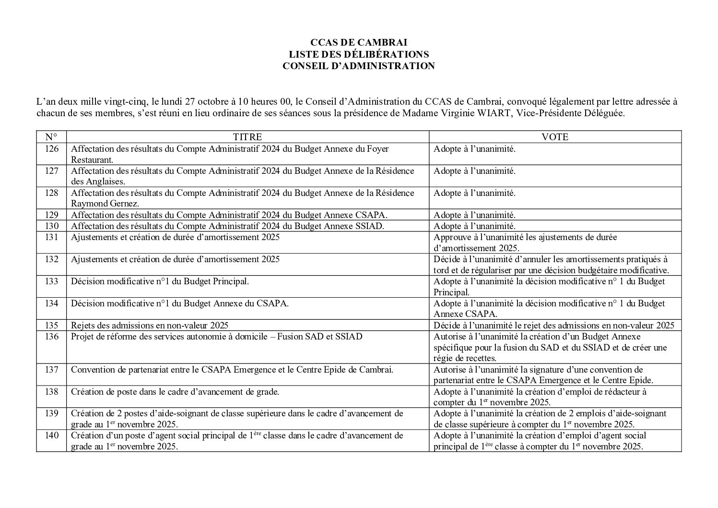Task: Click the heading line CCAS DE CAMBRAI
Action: [x=358, y=43]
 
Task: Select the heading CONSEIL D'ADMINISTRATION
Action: [x=358, y=66]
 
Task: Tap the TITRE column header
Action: [x=247, y=137]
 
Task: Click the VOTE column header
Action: [x=554, y=137]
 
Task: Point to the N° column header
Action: [x=51, y=137]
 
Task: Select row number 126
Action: [x=51, y=149]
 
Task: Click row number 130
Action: [x=51, y=226]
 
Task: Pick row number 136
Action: [x=51, y=337]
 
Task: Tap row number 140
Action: [x=51, y=435]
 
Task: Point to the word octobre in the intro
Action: [x=214, y=102]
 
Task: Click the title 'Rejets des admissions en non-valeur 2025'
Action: [x=150, y=326]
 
